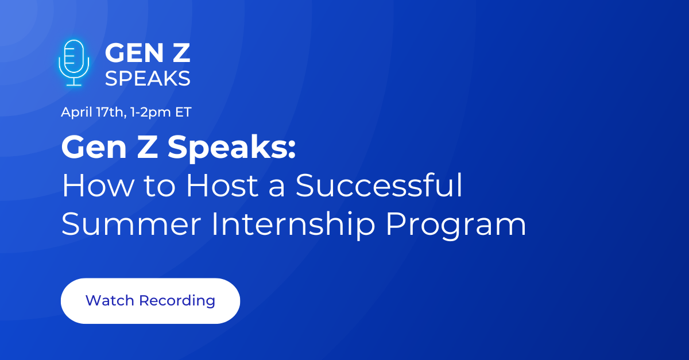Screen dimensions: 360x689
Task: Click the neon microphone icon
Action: pos(73,62)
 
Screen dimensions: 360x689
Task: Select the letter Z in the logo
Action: pos(180,54)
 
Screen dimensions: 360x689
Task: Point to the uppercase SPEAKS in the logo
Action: pos(148,79)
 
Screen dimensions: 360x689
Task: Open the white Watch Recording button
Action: pos(150,300)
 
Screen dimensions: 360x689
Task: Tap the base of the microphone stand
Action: pos(73,84)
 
